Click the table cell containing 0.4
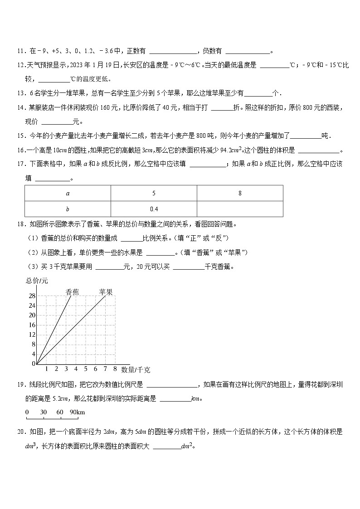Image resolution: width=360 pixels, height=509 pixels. [x=154, y=209]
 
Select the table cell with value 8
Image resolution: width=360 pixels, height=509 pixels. [x=240, y=193]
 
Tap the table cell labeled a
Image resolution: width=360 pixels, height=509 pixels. [x=68, y=193]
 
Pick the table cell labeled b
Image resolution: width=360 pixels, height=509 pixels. [x=68, y=209]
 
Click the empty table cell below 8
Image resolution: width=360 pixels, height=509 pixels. [x=240, y=209]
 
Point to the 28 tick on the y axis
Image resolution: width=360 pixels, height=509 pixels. [x=32, y=296]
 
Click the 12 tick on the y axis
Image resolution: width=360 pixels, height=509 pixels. [x=32, y=334]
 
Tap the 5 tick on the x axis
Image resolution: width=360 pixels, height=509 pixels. [x=86, y=368]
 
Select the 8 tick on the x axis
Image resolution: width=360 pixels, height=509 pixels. [x=115, y=368]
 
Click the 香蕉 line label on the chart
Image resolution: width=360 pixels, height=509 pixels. [x=73, y=292]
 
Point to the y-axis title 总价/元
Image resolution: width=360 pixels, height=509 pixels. [x=37, y=281]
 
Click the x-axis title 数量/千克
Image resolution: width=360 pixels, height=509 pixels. [x=136, y=370]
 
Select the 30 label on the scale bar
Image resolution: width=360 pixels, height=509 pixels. [x=44, y=412]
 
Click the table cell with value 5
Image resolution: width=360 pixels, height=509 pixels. [x=154, y=193]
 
